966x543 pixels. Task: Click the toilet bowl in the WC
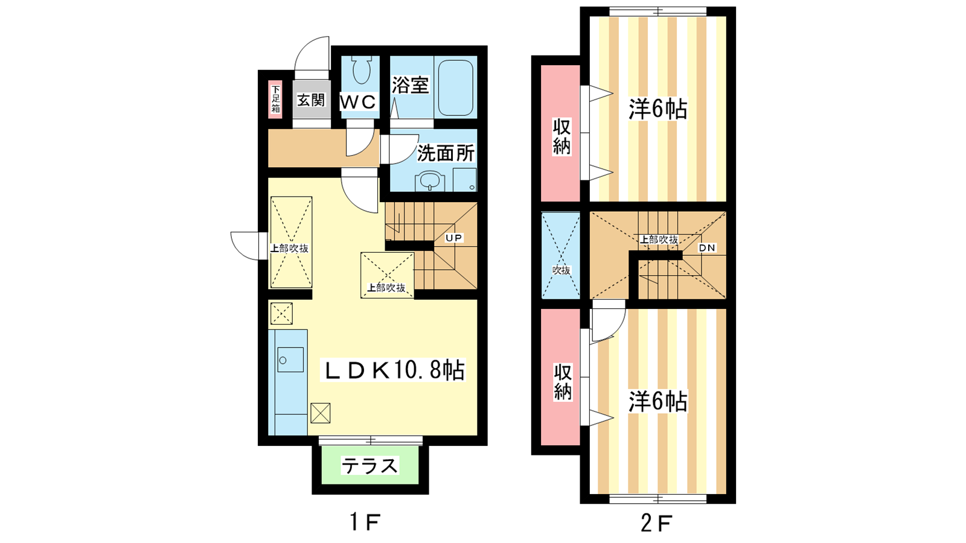[361, 70]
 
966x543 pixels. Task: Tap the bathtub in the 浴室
[456, 87]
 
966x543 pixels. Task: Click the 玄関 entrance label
[311, 100]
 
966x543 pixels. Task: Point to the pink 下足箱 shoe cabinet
[275, 99]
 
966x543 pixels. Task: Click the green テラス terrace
[370, 465]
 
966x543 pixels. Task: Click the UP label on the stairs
[453, 238]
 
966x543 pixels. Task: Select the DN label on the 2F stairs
[707, 248]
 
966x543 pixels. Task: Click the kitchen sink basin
[290, 360]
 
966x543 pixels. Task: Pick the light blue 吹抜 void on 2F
[561, 256]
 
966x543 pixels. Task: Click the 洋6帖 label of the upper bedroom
[657, 109]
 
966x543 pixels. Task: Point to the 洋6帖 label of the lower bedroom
[657, 401]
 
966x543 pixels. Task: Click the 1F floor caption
[365, 522]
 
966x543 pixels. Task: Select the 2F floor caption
[656, 523]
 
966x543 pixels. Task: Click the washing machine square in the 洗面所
[464, 180]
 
